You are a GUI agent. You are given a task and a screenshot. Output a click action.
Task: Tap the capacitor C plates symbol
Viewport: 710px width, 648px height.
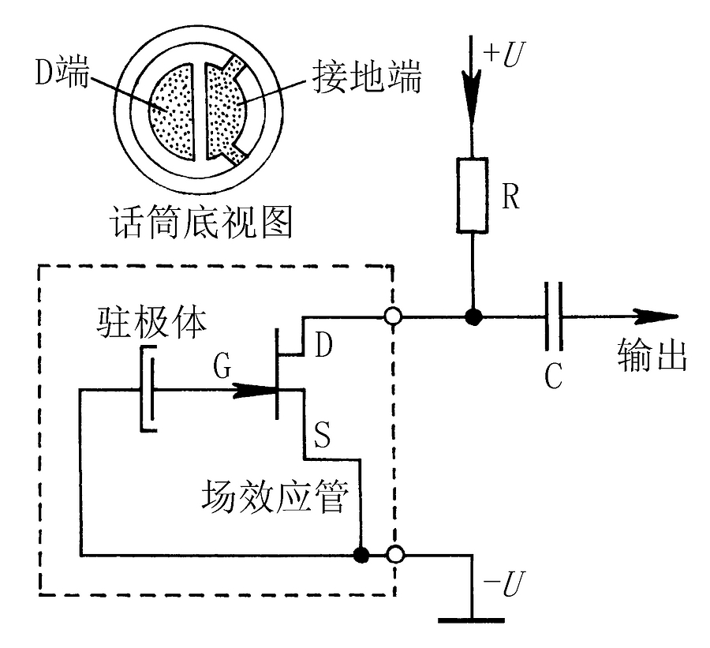[555, 318]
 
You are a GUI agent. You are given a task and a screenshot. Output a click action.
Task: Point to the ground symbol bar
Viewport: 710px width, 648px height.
[472, 620]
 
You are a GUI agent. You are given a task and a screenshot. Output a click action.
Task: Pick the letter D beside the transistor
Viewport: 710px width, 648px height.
[323, 345]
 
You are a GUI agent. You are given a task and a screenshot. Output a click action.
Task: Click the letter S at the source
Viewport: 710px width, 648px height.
[323, 436]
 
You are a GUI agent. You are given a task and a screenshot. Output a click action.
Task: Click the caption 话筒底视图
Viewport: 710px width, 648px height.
[202, 223]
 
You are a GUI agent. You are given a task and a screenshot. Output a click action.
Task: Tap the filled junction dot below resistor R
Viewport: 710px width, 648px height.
[473, 318]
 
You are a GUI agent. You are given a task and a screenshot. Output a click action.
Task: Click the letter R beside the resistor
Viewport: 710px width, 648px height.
[511, 197]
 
